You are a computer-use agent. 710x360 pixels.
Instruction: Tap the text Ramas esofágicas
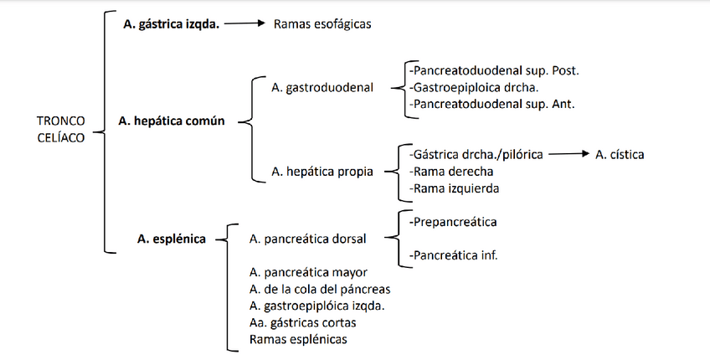coord(322,24)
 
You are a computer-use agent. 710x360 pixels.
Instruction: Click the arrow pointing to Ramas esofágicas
coord(245,24)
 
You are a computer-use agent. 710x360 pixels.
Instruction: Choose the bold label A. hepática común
coord(172,121)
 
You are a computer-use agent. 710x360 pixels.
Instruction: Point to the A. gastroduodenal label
coord(322,87)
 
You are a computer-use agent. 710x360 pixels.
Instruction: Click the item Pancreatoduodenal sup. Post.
coord(494,70)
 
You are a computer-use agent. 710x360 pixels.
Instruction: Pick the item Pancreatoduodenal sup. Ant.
coord(492,104)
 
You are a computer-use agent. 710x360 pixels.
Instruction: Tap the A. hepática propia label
coord(322,172)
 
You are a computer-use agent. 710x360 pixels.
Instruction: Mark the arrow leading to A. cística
coord(568,155)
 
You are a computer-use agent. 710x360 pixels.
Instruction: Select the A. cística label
coord(620,155)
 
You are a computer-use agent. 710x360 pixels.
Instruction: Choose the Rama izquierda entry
coord(454,188)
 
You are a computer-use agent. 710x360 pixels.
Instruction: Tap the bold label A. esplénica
coord(172,239)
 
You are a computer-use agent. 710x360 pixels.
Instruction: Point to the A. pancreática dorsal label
coord(307,239)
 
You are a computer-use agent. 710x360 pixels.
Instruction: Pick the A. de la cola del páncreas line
coord(319,289)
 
